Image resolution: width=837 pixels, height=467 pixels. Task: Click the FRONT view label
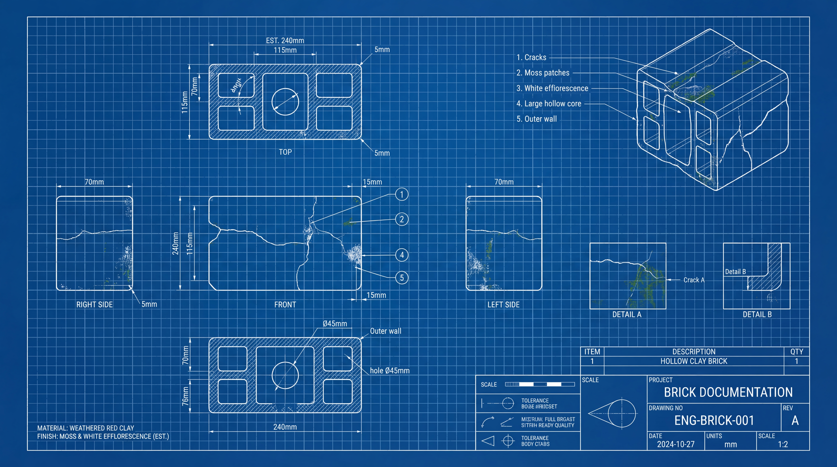pyautogui.click(x=285, y=305)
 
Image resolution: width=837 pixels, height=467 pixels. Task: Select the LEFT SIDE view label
pyautogui.click(x=503, y=305)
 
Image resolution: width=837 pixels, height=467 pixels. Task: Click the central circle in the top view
pyautogui.click(x=285, y=102)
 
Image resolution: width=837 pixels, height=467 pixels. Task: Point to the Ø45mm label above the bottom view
pyautogui.click(x=335, y=323)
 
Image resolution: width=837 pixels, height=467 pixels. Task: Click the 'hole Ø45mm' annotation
pyautogui.click(x=390, y=371)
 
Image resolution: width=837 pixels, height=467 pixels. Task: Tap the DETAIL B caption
pyautogui.click(x=757, y=314)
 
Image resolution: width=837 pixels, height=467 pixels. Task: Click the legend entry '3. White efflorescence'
pyautogui.click(x=552, y=88)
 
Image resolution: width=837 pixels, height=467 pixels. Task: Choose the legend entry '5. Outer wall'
pyautogui.click(x=537, y=119)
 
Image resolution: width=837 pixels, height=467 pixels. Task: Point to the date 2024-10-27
pyautogui.click(x=676, y=444)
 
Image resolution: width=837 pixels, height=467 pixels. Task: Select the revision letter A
pyautogui.click(x=795, y=421)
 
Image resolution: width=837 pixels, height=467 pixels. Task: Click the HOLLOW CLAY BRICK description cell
pyautogui.click(x=694, y=361)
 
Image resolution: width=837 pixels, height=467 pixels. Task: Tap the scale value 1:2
pyautogui.click(x=783, y=444)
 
